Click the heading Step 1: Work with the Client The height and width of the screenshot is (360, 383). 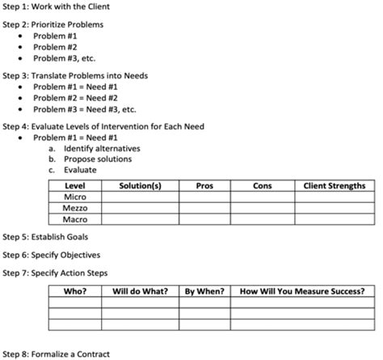56,6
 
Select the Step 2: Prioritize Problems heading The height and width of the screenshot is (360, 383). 53,24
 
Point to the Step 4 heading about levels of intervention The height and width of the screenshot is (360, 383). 103,126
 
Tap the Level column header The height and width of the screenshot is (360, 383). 75,186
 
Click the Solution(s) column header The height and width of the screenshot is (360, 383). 140,186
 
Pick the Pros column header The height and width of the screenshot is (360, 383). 204,186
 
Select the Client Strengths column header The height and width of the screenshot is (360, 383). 334,186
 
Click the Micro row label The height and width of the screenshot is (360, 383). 75,197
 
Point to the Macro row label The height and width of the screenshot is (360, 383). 75,218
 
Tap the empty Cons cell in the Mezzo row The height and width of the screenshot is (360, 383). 262,208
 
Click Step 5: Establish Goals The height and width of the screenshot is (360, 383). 46,237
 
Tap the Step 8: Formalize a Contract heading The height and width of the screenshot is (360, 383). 56,354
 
